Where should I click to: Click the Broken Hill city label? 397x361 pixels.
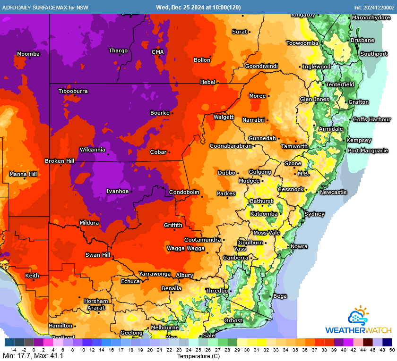(x=60, y=161)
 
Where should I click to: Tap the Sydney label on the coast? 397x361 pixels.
(x=314, y=214)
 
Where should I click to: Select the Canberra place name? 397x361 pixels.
(x=235, y=258)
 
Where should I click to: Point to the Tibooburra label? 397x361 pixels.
(x=73, y=91)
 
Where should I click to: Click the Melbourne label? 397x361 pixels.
(x=164, y=327)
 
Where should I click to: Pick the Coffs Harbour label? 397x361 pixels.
(x=372, y=119)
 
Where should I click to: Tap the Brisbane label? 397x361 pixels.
(x=362, y=41)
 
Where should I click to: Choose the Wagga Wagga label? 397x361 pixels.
(x=186, y=248)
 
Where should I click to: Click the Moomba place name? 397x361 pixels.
(x=28, y=54)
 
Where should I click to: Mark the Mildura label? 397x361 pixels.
(x=89, y=223)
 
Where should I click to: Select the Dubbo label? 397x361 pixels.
(x=226, y=173)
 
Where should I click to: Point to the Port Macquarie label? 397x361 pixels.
(x=368, y=151)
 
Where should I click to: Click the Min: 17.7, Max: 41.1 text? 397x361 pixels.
(x=33, y=356)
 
